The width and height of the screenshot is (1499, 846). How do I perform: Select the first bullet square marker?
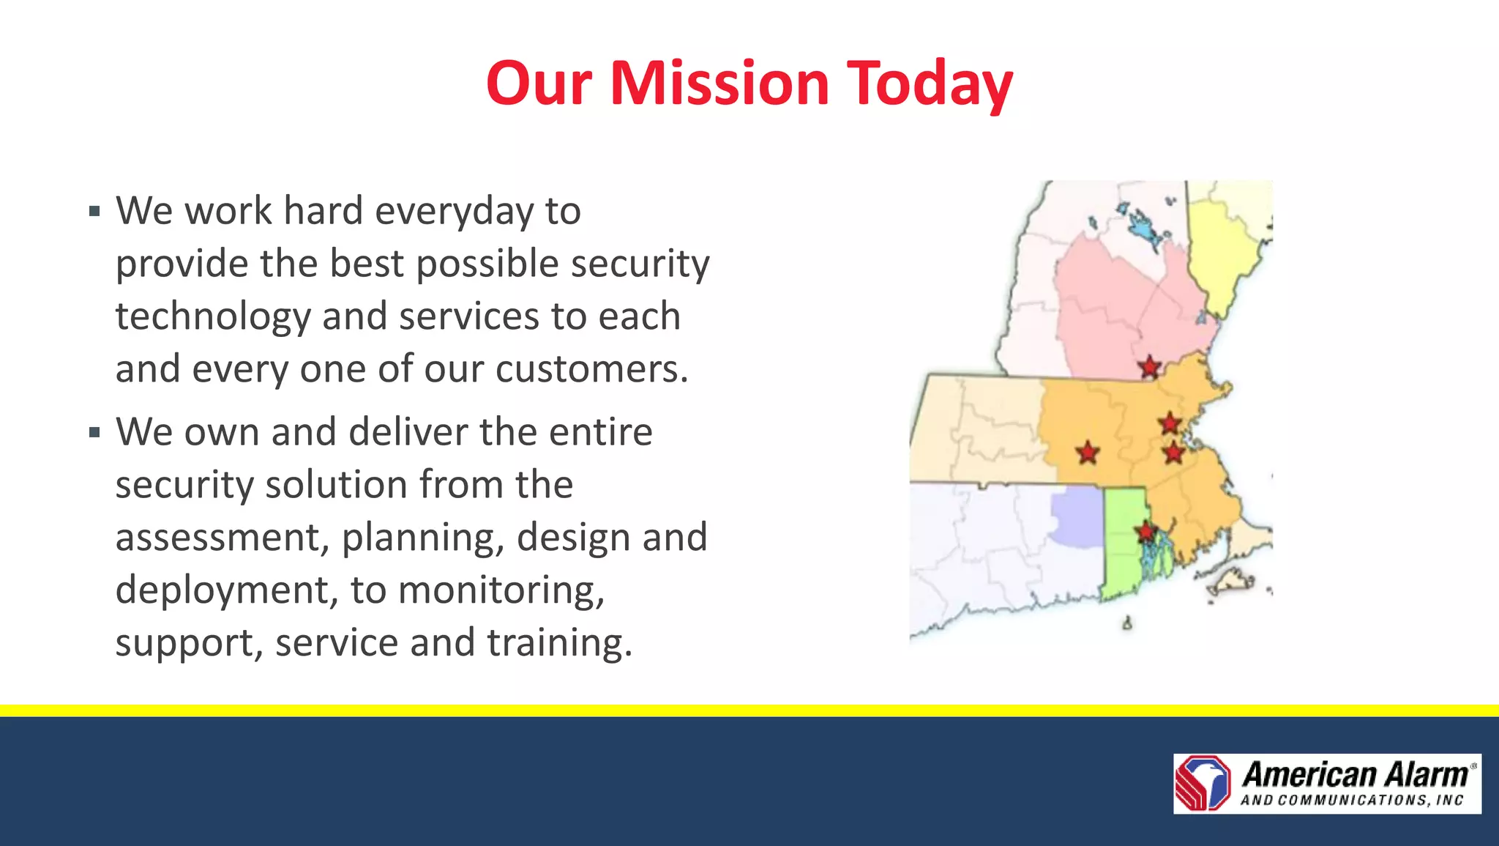coord(94,212)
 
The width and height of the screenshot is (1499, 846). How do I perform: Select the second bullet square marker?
coord(94,433)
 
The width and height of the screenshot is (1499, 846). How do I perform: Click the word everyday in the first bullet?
coord(454,212)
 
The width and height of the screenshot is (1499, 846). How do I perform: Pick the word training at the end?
coord(559,643)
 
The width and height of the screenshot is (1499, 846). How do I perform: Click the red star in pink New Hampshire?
coord(1150,366)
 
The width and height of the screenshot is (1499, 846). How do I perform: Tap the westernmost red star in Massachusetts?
coord(1088,453)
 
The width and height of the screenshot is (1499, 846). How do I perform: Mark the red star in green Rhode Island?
coord(1144,531)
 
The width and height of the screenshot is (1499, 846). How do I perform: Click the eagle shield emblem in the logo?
coord(1203,783)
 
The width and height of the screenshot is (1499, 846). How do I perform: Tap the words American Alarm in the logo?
coord(1354,774)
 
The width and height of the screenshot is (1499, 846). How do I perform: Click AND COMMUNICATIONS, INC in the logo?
coord(1351,801)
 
